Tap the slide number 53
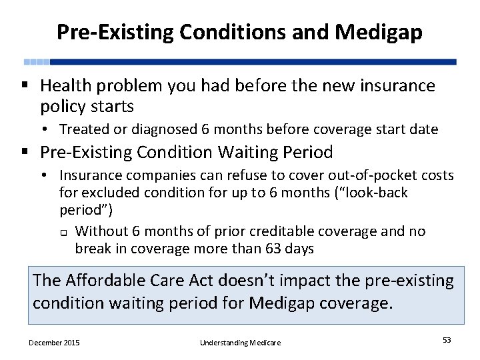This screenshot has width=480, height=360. pos(447,340)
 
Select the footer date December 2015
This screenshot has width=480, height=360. pos(54,342)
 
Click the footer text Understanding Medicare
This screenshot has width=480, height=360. pos(240,342)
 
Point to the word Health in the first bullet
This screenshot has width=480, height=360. pos(65,86)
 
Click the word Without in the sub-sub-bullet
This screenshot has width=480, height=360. pos(101,231)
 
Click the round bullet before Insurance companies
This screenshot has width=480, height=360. pos(49,176)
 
